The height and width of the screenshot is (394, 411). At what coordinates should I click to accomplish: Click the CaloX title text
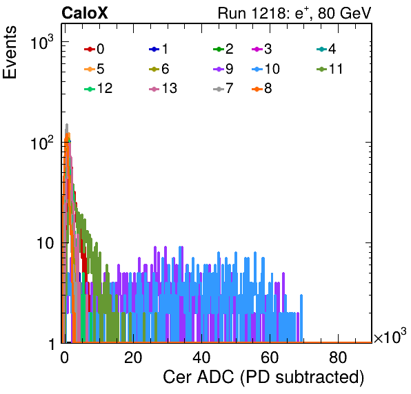tap(85, 13)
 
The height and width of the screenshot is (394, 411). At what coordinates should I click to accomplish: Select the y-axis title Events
tap(10, 52)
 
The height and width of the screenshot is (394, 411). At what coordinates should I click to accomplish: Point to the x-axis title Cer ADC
tap(263, 377)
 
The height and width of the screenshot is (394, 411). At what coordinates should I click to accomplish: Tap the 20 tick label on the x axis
tap(133, 357)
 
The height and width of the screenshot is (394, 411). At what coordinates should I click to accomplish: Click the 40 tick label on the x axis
tap(201, 357)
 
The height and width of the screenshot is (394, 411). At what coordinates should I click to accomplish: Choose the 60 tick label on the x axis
tap(270, 357)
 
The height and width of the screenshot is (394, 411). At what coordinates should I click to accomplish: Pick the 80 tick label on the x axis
tap(338, 357)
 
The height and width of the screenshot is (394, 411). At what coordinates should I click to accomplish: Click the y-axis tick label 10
tap(45, 243)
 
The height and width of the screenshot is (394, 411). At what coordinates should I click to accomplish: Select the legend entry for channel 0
tap(94, 49)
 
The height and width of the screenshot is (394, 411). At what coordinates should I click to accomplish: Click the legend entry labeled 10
tap(265, 69)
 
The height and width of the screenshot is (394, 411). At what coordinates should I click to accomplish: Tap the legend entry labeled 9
tap(223, 69)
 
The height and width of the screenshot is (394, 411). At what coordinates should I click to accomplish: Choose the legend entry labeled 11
tap(330, 69)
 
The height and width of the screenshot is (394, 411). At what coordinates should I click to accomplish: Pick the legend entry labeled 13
tap(163, 88)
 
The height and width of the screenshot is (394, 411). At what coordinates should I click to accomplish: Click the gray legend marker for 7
tap(219, 89)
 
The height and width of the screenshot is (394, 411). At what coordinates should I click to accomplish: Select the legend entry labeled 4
tap(326, 49)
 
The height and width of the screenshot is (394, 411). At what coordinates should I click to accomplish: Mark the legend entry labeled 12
tap(99, 88)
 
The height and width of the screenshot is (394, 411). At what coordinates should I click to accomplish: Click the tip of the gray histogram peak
tap(67, 124)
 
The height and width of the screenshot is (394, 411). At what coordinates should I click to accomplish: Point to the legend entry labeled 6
tap(159, 69)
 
